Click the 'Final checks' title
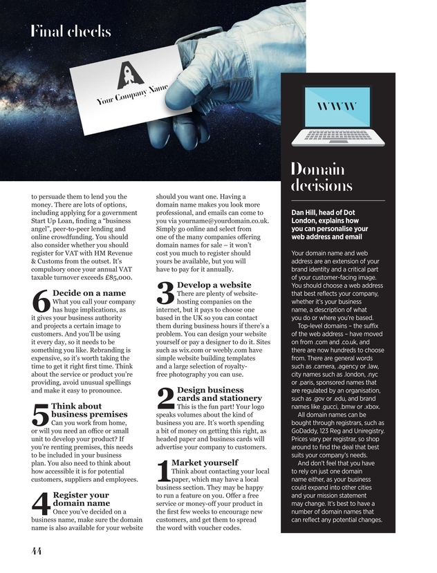click(70, 31)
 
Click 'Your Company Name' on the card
click(132, 96)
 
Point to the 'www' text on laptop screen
click(337, 106)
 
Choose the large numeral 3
click(165, 292)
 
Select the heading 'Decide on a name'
click(89, 293)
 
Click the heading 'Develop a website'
click(214, 285)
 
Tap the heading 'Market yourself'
click(204, 462)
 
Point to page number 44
click(37, 550)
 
